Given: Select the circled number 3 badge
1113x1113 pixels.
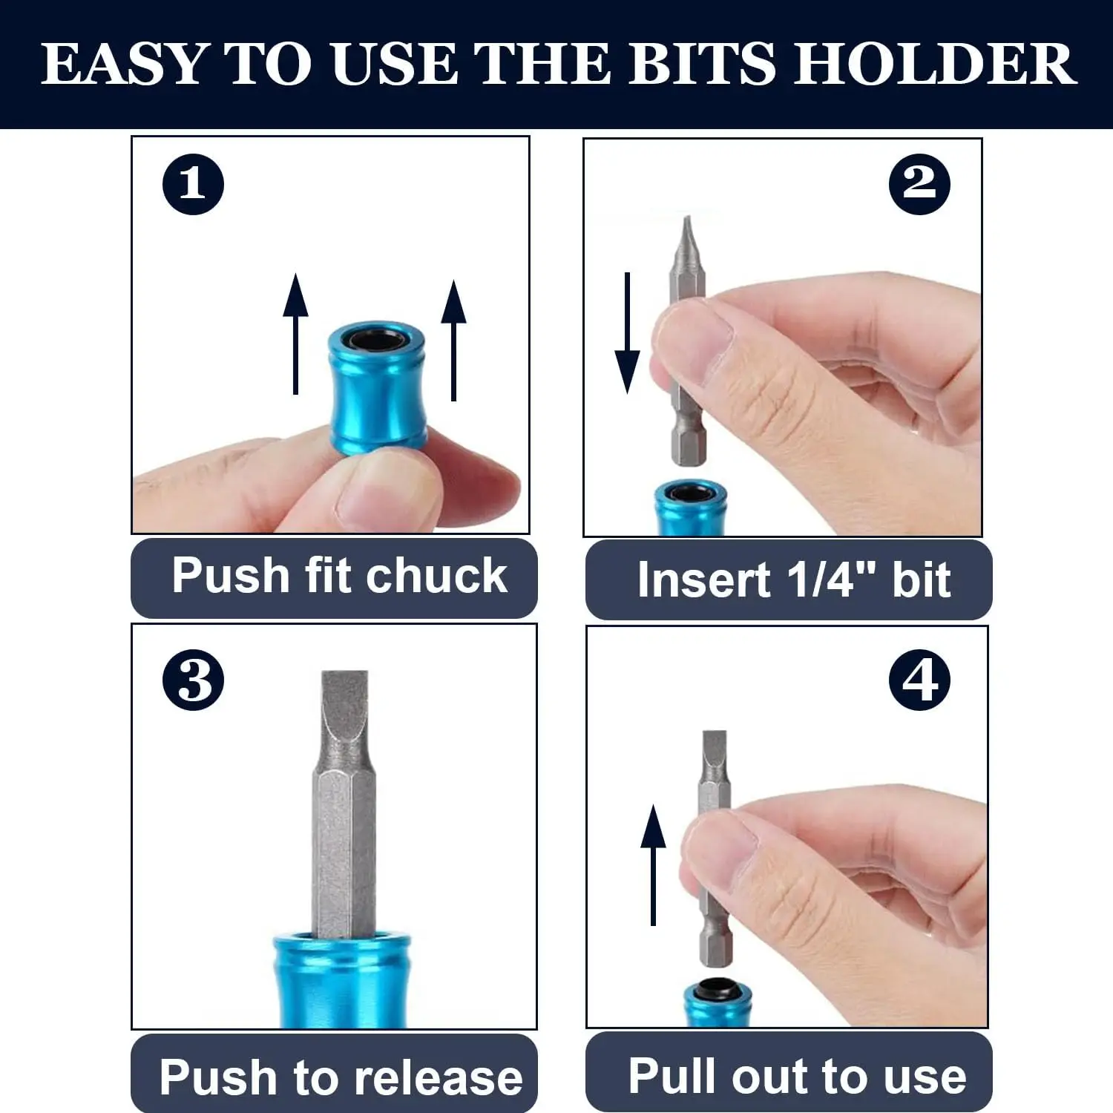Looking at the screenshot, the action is point(193,680).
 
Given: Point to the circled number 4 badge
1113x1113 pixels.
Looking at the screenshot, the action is point(919,680).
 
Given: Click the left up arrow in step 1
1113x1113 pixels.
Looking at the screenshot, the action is point(295,334).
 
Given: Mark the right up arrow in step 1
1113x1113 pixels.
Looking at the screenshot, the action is point(453,340).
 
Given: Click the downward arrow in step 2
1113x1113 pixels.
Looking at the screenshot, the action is point(628,332).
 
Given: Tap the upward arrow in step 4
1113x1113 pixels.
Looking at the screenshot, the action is point(653,865).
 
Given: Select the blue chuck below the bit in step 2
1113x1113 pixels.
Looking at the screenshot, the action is point(691,508).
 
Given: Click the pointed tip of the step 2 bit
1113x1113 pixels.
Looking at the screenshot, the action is point(686,218).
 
